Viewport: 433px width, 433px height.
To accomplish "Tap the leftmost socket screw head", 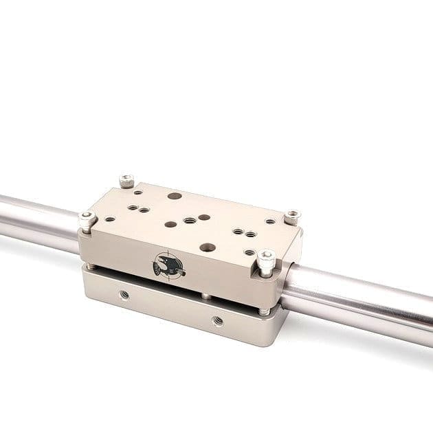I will [86, 219].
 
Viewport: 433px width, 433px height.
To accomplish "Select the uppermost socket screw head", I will [126, 181].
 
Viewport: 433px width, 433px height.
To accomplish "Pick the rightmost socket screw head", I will [293, 216].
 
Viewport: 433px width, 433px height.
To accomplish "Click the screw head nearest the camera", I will [267, 260].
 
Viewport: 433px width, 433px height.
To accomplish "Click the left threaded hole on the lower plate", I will [124, 294].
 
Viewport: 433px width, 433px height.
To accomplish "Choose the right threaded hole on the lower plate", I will [218, 320].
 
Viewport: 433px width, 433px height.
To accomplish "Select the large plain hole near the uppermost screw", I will [175, 197].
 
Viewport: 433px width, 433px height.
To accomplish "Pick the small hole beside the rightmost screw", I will [270, 222].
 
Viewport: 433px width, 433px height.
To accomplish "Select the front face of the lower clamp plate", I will [172, 309].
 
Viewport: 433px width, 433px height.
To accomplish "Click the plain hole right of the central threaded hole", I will [204, 218].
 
